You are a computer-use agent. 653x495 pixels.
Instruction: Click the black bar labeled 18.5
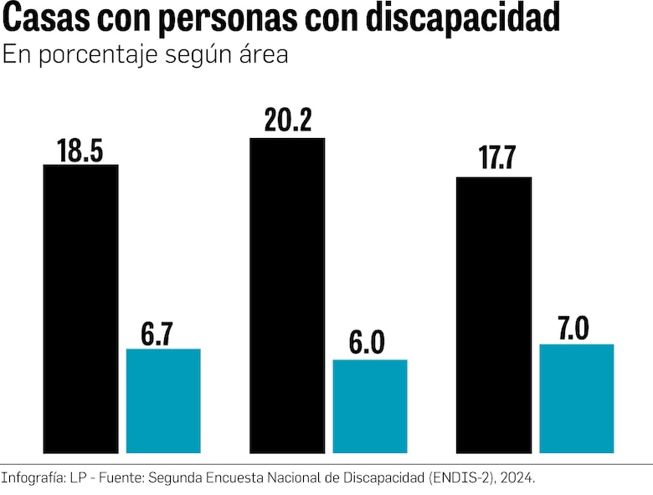coord(80,309)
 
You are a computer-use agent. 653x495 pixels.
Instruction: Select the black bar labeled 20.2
coord(287,295)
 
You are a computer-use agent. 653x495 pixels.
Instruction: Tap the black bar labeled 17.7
coord(493,314)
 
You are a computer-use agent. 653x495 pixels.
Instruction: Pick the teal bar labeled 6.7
coord(163,401)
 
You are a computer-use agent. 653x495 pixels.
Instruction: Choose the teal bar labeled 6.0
coord(370,406)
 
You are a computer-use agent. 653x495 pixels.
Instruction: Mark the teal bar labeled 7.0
coord(577,398)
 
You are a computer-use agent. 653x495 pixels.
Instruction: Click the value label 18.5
coord(80,151)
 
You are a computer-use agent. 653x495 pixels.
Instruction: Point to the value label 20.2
coord(287,122)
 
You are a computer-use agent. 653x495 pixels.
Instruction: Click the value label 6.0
coord(366,344)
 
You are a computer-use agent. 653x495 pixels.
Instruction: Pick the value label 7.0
coord(572,329)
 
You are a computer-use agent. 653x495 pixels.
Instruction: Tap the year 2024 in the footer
coord(517,478)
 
